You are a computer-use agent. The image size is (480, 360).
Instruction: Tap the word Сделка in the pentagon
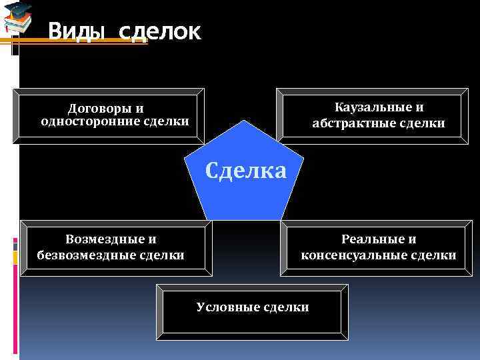coord(246,171)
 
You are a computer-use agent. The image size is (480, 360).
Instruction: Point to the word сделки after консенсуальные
coord(433,255)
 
